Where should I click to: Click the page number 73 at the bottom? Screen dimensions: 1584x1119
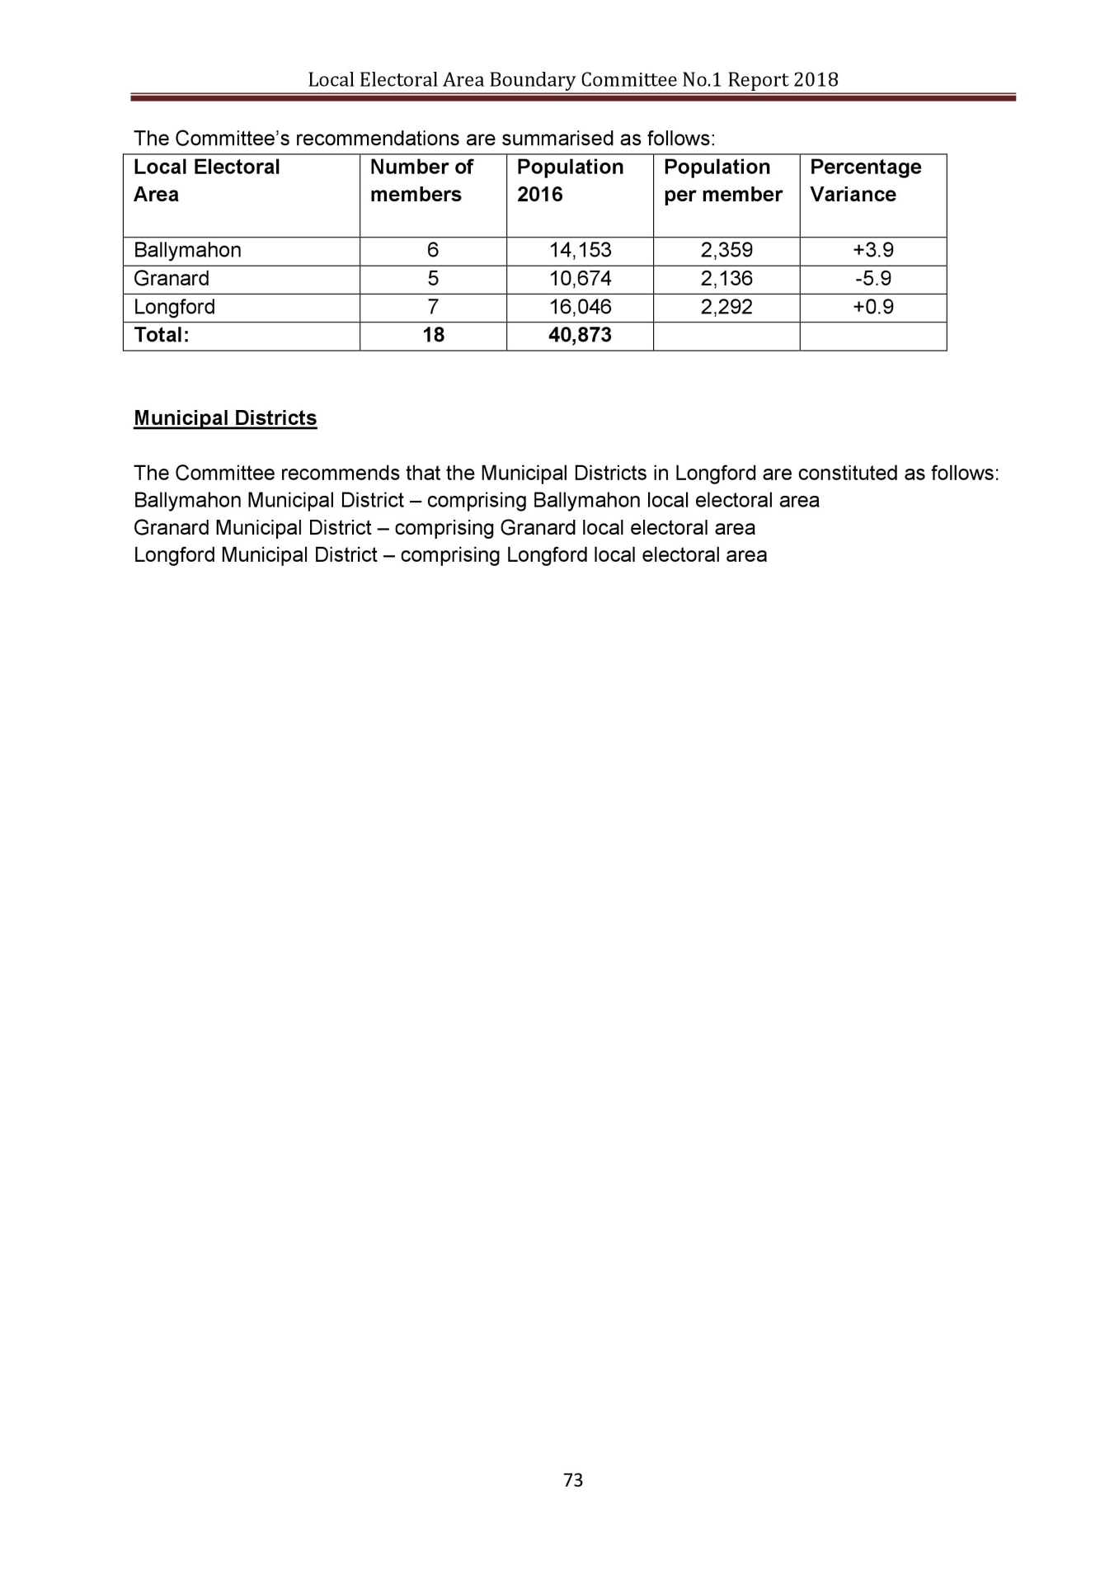pyautogui.click(x=572, y=1479)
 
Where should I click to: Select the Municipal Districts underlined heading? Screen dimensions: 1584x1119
pyautogui.click(x=225, y=418)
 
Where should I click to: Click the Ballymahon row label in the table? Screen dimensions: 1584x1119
pyautogui.click(x=187, y=250)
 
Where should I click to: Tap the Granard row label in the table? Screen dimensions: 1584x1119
pyautogui.click(x=172, y=278)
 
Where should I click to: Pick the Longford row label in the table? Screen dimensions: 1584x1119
pyautogui.click(x=174, y=307)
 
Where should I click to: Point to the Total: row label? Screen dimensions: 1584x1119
pyautogui.click(x=162, y=335)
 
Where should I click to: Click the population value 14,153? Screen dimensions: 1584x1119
pyautogui.click(x=581, y=250)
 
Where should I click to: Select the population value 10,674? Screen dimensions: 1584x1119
pyautogui.click(x=581, y=278)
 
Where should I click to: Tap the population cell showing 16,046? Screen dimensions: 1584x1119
pyautogui.click(x=581, y=307)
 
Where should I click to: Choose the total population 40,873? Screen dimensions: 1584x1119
pyautogui.click(x=581, y=335)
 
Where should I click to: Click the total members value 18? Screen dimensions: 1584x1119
pyautogui.click(x=433, y=335)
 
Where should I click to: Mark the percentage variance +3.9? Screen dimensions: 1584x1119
pyautogui.click(x=873, y=250)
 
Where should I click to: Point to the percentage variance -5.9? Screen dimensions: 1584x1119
pyautogui.click(x=873, y=278)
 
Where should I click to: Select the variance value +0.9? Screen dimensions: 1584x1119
pyautogui.click(x=873, y=307)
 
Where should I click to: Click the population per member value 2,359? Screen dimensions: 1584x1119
pyautogui.click(x=726, y=250)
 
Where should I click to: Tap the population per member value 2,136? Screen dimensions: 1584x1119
pyautogui.click(x=726, y=278)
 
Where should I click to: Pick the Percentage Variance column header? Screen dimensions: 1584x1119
pyautogui.click(x=865, y=181)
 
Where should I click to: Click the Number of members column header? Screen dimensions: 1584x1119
pyautogui.click(x=421, y=181)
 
